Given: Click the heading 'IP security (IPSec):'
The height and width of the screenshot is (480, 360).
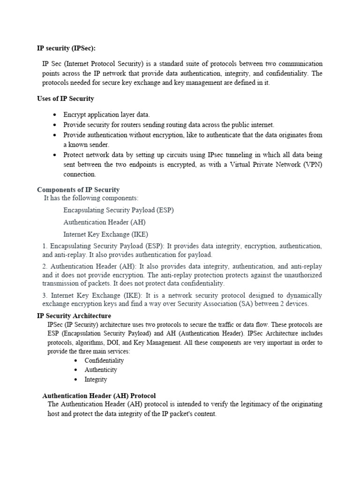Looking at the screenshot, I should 69,48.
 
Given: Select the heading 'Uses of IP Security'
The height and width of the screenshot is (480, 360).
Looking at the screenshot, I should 66,98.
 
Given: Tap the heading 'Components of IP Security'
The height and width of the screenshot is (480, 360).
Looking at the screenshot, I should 78,190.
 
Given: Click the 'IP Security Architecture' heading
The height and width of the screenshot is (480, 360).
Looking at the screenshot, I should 74,316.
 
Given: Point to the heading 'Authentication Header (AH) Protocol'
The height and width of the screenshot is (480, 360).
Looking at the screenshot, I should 99,395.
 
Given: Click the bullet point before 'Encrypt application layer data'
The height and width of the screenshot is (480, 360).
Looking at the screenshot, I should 55,115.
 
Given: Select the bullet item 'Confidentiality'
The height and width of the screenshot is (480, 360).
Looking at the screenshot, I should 104,360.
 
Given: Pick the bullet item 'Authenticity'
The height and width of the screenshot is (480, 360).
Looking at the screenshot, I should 101,370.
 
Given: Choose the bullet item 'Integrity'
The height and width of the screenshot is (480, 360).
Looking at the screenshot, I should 96,379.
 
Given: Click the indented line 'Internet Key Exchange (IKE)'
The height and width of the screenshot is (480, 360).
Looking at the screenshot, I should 106,234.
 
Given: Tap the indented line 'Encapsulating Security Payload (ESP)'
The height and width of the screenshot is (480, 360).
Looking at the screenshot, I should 119,210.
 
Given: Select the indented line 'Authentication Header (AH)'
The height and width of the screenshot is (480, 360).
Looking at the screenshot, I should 103,222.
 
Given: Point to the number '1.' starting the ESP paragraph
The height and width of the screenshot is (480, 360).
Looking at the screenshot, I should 45,246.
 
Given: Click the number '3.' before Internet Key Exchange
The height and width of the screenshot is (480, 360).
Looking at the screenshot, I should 45,295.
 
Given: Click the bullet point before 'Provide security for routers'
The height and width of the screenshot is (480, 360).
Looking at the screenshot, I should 55,125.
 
